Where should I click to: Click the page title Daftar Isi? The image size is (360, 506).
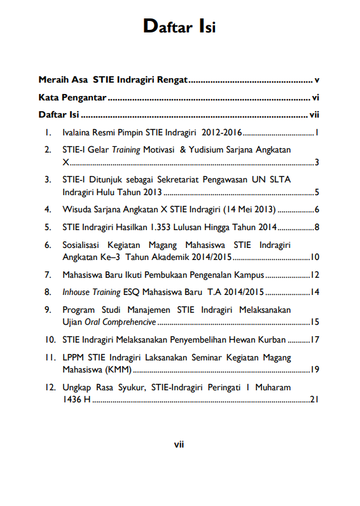[x=179, y=27]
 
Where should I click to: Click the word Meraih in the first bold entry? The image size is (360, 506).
[x=53, y=81]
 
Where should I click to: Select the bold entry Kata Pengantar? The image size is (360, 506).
[x=72, y=99]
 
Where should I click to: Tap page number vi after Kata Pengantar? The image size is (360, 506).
[x=315, y=99]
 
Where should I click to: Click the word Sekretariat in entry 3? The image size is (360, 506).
[x=177, y=180]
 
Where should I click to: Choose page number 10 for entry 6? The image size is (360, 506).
[x=314, y=257]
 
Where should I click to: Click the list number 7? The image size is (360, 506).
[x=47, y=275]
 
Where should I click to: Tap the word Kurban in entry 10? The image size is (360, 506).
[x=272, y=339]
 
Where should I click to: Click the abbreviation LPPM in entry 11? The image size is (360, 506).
[x=74, y=357]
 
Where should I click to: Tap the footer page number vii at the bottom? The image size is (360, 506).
[x=179, y=445]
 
